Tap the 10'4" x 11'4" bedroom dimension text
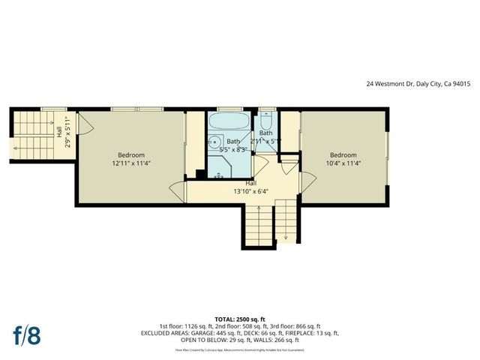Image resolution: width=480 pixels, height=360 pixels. coord(343,163)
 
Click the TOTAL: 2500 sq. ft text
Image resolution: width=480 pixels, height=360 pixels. coord(240,318)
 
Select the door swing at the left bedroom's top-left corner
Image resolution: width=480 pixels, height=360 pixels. coord(85,127)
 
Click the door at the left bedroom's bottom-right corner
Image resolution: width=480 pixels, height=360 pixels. coord(178,192)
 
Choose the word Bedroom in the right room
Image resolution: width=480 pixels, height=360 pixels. coord(343,154)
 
